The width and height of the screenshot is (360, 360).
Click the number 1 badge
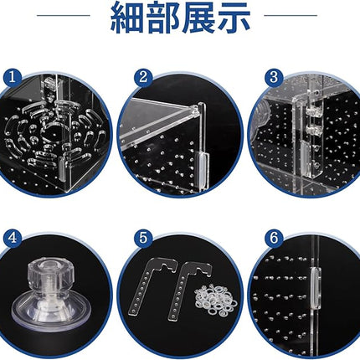click(12, 78)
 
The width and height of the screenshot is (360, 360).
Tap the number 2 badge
click(144, 78)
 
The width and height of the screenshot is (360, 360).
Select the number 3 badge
click(273, 78)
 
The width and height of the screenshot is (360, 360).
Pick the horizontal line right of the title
click(290, 15)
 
